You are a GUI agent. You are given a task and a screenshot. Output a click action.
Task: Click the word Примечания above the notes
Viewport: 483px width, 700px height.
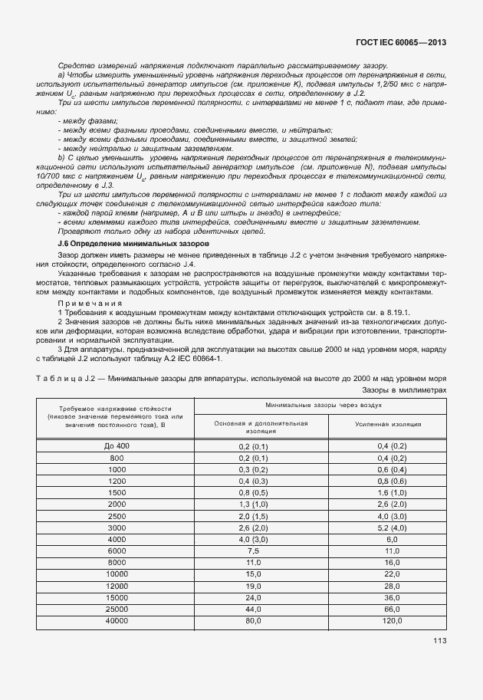tap(85, 302)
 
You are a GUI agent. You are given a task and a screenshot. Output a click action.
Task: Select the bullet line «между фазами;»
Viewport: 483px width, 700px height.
tap(87, 121)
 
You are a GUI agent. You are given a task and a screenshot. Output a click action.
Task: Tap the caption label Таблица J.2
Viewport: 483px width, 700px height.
tap(69, 378)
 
